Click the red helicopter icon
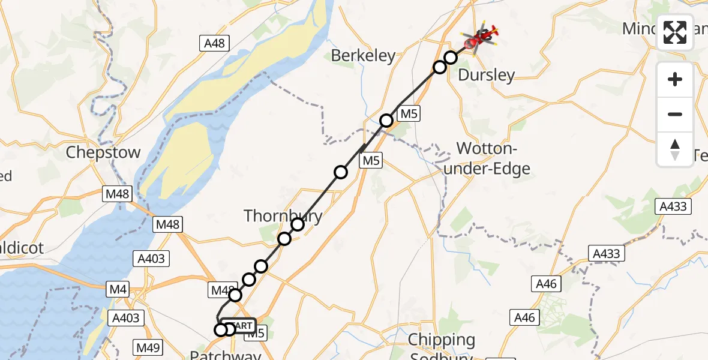[480, 40]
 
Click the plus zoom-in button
[675, 80]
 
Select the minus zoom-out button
[675, 115]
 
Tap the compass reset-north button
[675, 149]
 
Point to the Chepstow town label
[103, 152]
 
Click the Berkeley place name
[364, 56]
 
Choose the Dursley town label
[486, 75]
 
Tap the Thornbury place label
[283, 216]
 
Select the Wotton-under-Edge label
[493, 158]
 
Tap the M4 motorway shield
[118, 290]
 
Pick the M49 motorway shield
[147, 347]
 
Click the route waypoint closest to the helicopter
[451, 58]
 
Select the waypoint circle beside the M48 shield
[235, 295]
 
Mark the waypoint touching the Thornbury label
[298, 224]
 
